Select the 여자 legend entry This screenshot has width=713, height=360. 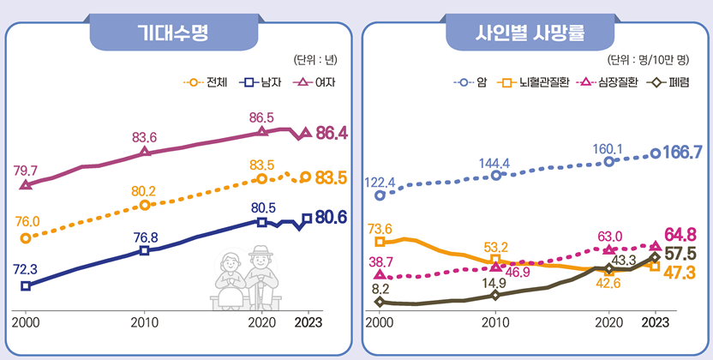(x=315, y=83)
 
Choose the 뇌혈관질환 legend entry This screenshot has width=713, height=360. (x=531, y=83)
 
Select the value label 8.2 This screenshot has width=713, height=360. (x=380, y=289)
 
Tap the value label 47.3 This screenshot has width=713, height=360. (x=679, y=273)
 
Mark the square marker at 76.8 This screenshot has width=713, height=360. (x=145, y=250)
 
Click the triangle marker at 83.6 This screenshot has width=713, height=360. (x=145, y=152)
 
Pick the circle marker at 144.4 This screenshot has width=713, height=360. (x=495, y=176)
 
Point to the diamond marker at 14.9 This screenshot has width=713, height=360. (x=495, y=296)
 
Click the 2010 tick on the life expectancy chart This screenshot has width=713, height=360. (x=145, y=322)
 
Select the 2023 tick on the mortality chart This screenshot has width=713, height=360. (x=656, y=322)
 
